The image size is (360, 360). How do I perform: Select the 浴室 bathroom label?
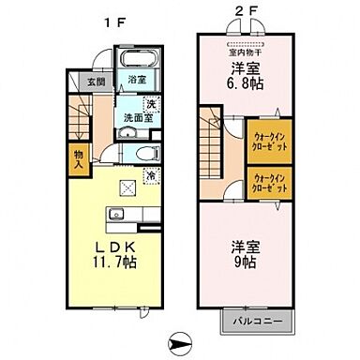(x=135, y=81)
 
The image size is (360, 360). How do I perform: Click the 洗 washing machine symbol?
(x=151, y=104)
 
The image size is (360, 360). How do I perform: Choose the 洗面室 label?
(x=136, y=119)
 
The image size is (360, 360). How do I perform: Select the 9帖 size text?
(x=245, y=264)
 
